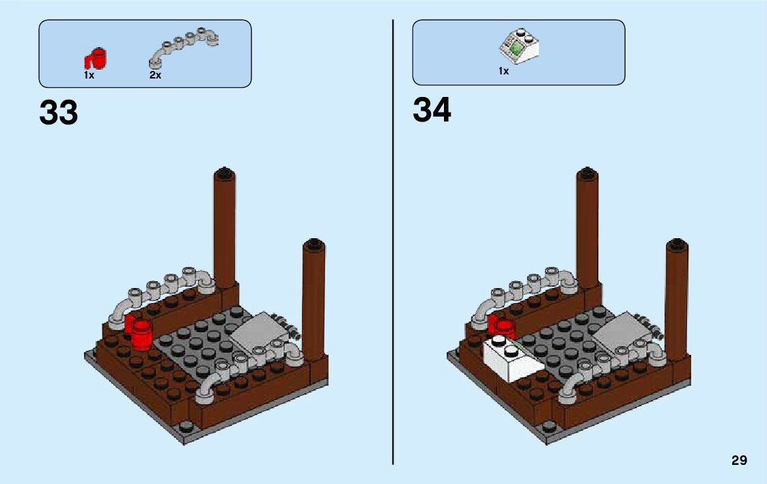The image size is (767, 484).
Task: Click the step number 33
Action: (59, 113)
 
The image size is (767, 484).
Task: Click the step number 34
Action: (432, 111)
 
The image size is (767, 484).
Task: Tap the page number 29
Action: (739, 461)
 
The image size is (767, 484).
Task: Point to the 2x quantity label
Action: (155, 76)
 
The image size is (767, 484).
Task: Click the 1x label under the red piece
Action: (89, 76)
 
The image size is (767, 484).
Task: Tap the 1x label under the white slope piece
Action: (503, 72)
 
